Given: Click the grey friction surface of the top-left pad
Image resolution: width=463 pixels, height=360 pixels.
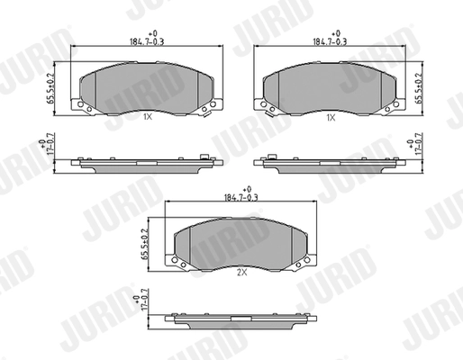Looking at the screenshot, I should pos(144,86).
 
